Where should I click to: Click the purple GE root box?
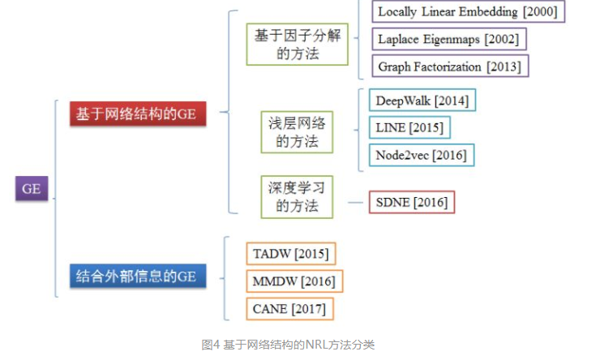[x=32, y=189]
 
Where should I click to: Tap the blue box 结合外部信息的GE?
[x=137, y=276]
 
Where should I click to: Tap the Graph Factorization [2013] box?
[x=449, y=66]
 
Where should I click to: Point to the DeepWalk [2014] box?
[x=422, y=101]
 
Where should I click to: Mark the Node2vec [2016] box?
[x=421, y=154]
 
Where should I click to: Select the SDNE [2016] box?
[x=412, y=202]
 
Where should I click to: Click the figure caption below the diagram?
[x=288, y=345]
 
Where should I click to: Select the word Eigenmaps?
[x=457, y=38]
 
